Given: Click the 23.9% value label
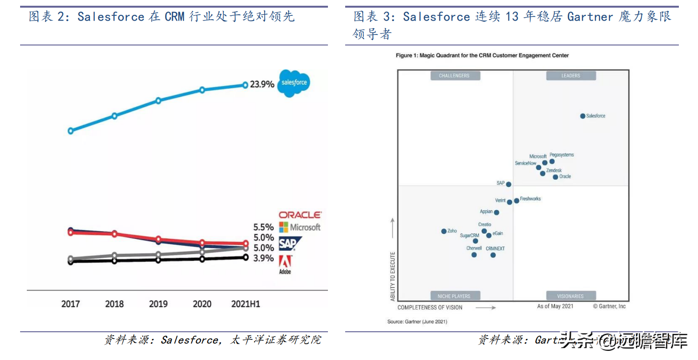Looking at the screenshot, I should (262, 84).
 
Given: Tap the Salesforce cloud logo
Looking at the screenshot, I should (294, 82).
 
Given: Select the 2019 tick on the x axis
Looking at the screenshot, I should (158, 304).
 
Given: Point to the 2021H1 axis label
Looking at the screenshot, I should (245, 304).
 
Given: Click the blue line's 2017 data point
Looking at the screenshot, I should (71, 130).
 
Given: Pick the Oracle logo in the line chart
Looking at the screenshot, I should (300, 215).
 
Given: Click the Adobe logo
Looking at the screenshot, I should (285, 264).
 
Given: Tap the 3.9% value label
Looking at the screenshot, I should (263, 259).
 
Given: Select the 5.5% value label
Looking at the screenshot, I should (263, 227).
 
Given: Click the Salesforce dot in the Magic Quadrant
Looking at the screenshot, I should (583, 116).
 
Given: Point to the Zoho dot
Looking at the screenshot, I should (444, 231).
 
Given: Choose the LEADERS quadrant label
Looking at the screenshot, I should (571, 76).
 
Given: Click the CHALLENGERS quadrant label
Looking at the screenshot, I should (454, 76).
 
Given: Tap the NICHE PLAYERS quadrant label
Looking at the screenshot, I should (454, 296).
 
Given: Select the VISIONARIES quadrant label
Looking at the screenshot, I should (570, 296).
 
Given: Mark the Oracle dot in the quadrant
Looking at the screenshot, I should (555, 177).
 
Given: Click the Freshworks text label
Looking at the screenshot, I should (530, 199).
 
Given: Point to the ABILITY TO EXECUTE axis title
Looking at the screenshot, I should (393, 276).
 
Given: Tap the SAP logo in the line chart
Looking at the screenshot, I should (288, 244).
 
